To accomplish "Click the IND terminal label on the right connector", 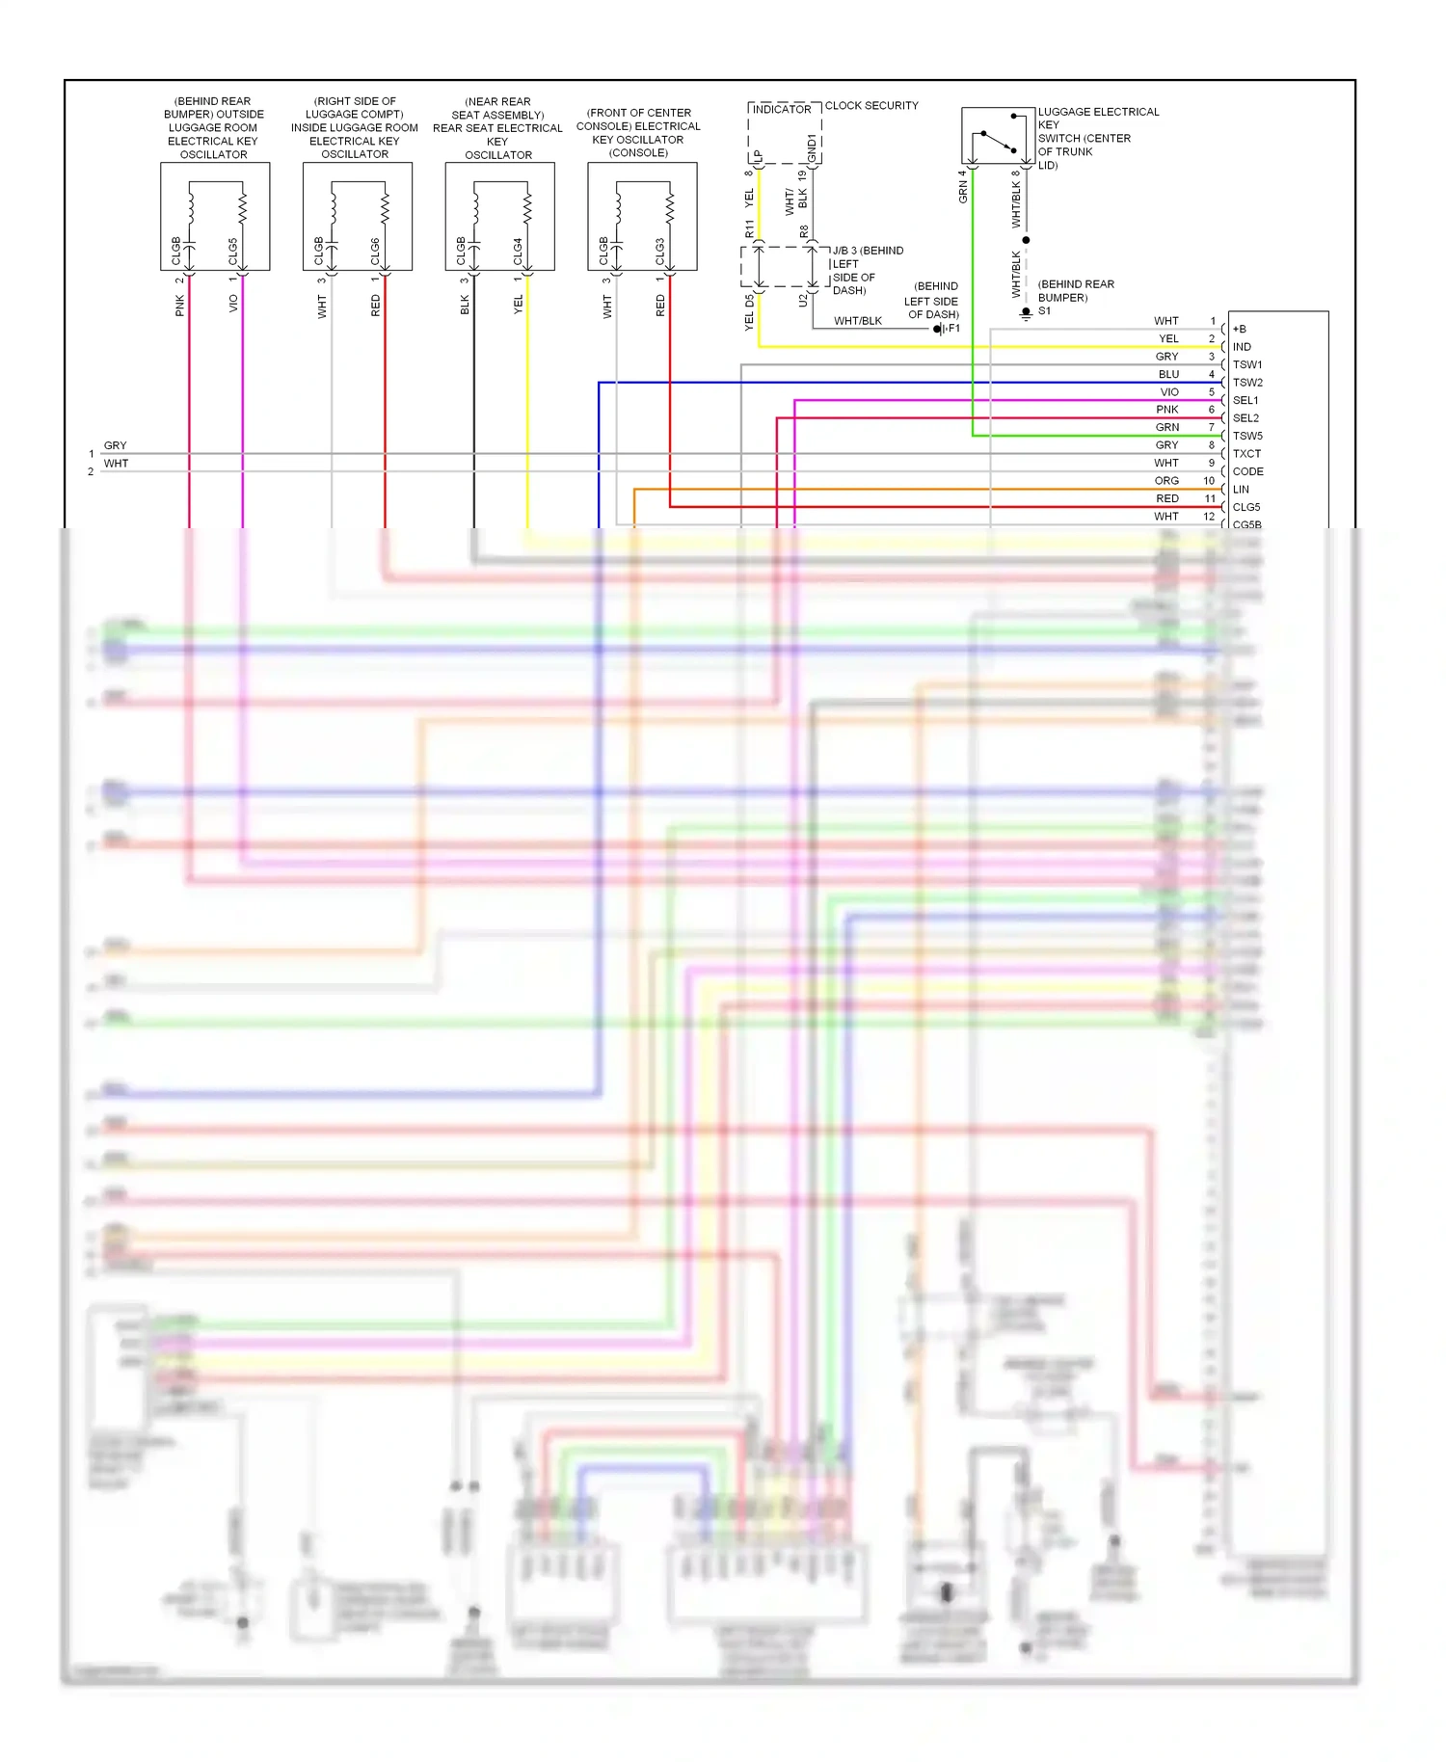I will [x=1242, y=347].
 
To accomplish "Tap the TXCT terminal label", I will [x=1246, y=454].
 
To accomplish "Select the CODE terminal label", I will [x=1247, y=471].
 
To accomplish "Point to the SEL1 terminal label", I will [x=1245, y=400].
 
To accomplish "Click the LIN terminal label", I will [x=1241, y=490].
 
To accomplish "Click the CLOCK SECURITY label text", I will [x=871, y=106].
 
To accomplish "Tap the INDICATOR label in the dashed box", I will [x=782, y=110].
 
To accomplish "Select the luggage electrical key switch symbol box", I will [x=998, y=137].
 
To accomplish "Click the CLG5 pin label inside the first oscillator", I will [x=233, y=251].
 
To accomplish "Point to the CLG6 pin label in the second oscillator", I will [x=376, y=251].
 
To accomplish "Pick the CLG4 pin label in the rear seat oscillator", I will [x=519, y=251].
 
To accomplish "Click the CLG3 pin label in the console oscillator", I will [x=660, y=251].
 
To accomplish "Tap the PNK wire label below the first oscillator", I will [x=180, y=307].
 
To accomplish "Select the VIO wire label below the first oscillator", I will [x=233, y=304].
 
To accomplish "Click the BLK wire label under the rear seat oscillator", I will [x=465, y=306].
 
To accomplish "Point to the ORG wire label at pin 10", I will [x=1166, y=481].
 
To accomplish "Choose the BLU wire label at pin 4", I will [x=1168, y=374].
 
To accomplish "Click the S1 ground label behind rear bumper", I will [x=1045, y=311].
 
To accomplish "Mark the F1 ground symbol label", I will [x=952, y=329].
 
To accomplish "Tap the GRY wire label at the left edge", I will [x=115, y=445].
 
